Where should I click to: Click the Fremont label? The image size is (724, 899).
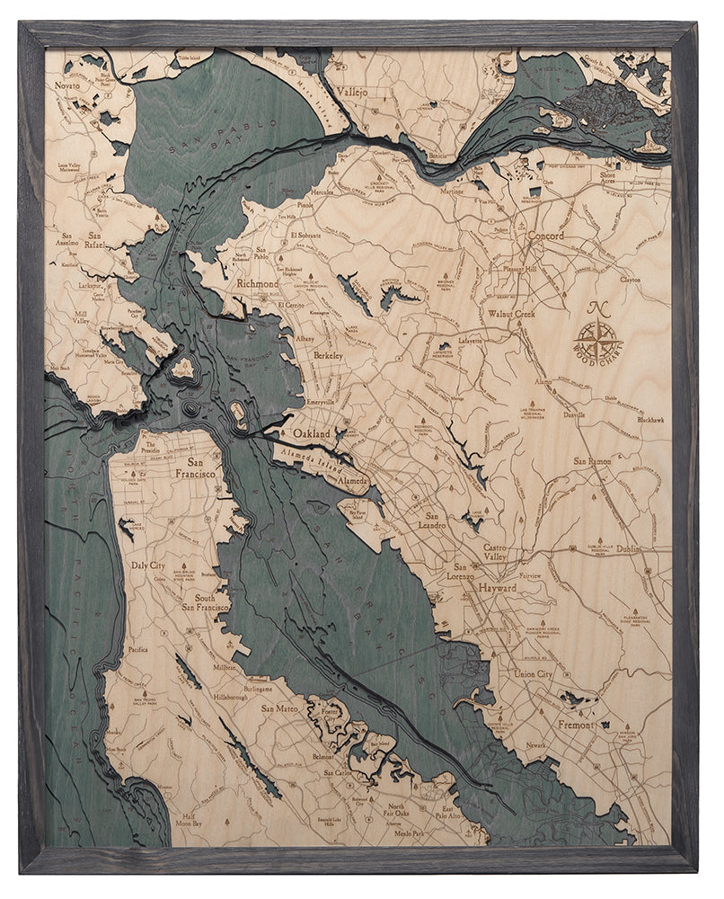click(576, 725)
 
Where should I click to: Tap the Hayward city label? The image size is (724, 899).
click(498, 587)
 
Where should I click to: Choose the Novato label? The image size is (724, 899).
click(67, 85)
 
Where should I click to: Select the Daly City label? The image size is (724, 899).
click(148, 566)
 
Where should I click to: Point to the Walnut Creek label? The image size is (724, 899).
click(511, 315)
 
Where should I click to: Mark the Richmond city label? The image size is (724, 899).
click(257, 284)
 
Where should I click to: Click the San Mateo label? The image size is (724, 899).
click(279, 708)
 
